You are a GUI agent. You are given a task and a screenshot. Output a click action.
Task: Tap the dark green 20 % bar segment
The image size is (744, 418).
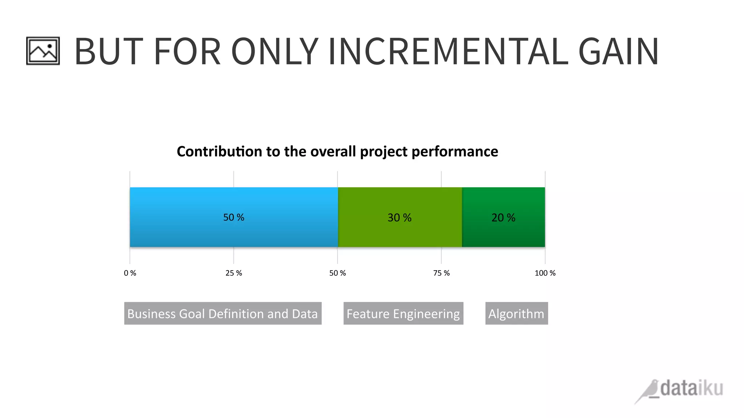503,234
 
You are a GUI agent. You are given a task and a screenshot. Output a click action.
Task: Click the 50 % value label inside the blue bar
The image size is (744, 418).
234,217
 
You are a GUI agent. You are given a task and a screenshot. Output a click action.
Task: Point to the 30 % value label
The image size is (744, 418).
399,218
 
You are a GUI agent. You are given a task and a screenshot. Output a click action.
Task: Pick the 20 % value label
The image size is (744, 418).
503,218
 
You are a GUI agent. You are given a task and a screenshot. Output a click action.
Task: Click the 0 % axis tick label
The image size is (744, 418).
130,273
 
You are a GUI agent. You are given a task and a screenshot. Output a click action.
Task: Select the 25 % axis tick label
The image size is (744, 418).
234,273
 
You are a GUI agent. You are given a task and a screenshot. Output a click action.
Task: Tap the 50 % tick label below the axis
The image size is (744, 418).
337,273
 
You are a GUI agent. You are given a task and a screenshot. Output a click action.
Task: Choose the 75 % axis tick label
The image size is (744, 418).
441,273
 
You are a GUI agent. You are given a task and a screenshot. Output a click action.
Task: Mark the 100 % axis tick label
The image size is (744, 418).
545,273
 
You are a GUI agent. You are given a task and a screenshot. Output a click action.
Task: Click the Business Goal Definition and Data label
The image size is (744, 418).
223,313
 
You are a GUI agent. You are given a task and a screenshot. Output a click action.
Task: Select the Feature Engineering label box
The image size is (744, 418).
403,313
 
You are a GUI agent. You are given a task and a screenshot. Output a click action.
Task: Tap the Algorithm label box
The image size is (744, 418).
516,313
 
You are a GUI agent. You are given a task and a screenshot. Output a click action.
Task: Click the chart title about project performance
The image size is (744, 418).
337,152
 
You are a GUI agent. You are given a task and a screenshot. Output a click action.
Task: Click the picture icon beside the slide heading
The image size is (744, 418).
43,51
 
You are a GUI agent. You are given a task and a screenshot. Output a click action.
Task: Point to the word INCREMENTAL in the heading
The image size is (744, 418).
448,52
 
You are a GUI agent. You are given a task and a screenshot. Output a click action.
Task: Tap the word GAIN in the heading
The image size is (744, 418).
618,52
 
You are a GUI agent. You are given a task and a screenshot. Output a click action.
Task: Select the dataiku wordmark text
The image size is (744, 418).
691,389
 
